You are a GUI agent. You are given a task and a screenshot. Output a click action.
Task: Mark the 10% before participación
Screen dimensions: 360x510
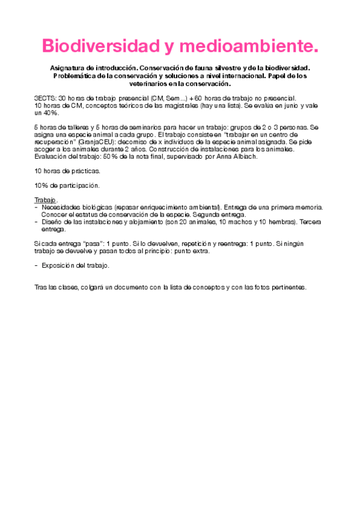42,185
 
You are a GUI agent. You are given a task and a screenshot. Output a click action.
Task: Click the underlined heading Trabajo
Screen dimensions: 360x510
45,200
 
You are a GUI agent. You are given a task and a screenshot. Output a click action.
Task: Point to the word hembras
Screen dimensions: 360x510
265,221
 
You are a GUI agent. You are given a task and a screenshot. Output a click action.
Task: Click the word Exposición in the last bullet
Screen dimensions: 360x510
56,265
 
